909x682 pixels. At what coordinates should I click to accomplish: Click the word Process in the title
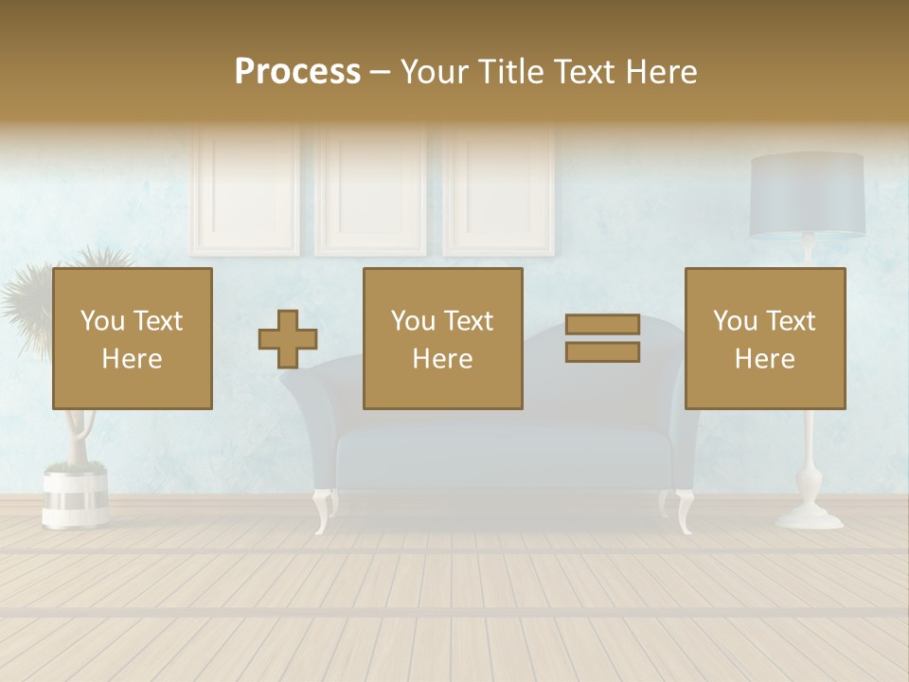pyautogui.click(x=297, y=72)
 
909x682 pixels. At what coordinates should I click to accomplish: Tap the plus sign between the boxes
pyautogui.click(x=288, y=339)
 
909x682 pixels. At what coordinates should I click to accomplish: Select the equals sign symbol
pyautogui.click(x=602, y=338)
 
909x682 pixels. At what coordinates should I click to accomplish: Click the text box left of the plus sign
pyautogui.click(x=133, y=338)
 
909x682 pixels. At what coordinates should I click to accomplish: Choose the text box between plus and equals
pyautogui.click(x=442, y=338)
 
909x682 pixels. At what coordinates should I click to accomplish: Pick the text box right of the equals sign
pyautogui.click(x=765, y=338)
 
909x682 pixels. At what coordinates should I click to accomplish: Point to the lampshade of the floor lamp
pyautogui.click(x=807, y=195)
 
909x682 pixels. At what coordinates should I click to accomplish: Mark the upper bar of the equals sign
pyautogui.click(x=602, y=325)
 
